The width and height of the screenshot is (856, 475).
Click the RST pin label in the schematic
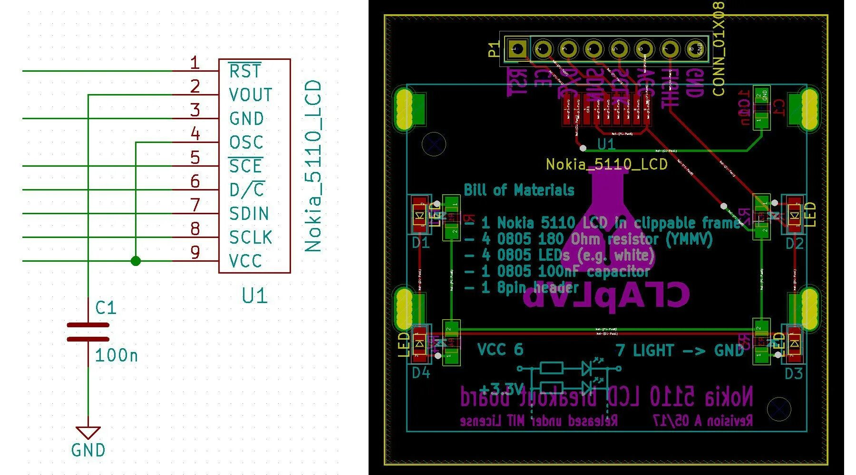[245, 71]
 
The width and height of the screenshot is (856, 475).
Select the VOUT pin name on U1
[250, 95]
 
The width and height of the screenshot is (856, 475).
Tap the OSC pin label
[246, 142]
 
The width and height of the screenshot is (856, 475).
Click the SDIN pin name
[249, 214]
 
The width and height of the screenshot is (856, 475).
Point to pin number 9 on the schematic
[195, 252]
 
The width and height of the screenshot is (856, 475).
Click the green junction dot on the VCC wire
[136, 261]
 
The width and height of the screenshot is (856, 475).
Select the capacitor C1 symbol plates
[88, 332]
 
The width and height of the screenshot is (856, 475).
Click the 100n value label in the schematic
[116, 355]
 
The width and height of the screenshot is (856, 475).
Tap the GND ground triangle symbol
[88, 432]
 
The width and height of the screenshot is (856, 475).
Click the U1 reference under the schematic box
[254, 296]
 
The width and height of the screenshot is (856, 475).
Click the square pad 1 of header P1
[515, 48]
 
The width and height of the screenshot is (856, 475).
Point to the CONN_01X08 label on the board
[719, 47]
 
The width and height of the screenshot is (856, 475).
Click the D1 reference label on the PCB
[420, 243]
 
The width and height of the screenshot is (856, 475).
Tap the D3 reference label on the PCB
[794, 373]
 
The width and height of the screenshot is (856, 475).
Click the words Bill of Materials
[519, 190]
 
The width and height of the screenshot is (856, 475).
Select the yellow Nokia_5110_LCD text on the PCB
[606, 164]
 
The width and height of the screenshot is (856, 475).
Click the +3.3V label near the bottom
[502, 389]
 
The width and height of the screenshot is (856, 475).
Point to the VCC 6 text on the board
[500, 350]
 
